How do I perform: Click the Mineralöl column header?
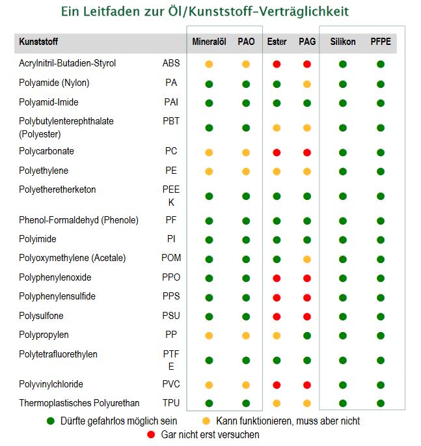(210, 42)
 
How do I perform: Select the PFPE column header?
(381, 42)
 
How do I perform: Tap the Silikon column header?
(343, 42)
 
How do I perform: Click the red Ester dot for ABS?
(277, 64)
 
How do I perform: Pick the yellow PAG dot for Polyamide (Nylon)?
(307, 84)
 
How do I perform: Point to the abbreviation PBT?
(171, 121)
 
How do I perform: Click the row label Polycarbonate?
(46, 151)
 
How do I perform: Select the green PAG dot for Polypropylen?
(307, 335)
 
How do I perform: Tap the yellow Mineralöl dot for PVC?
(209, 385)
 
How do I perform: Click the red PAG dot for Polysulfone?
(307, 316)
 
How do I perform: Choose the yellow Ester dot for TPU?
(277, 403)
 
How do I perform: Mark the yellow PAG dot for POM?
(307, 259)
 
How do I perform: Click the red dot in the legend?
(151, 434)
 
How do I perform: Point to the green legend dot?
(51, 421)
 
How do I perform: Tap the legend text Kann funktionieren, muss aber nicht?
(288, 421)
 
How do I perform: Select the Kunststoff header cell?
(38, 42)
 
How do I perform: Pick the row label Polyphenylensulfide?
(57, 296)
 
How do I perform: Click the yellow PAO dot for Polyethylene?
(246, 171)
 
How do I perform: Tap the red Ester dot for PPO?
(277, 278)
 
